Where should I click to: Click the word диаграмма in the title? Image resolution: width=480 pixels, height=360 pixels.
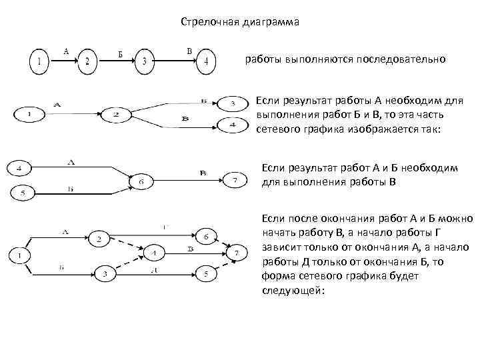[270, 22]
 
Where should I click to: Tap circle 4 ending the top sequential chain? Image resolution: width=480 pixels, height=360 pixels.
[206, 62]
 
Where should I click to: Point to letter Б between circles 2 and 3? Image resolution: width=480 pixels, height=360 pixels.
[120, 54]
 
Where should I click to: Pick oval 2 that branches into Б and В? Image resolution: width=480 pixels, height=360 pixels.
[116, 115]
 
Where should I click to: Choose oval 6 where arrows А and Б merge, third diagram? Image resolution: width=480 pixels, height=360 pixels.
[140, 181]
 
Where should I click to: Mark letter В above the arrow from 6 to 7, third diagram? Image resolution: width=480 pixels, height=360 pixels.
[203, 173]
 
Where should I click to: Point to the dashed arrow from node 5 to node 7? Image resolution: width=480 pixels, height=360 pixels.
[221, 265]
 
